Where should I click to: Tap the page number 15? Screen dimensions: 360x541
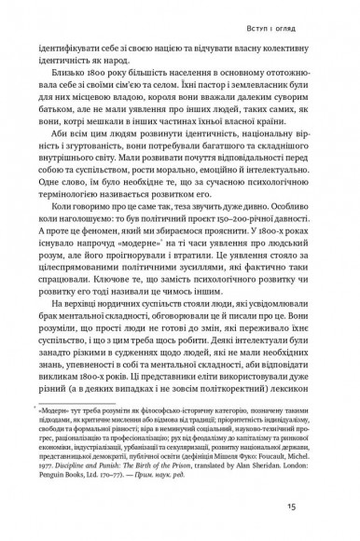317,506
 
